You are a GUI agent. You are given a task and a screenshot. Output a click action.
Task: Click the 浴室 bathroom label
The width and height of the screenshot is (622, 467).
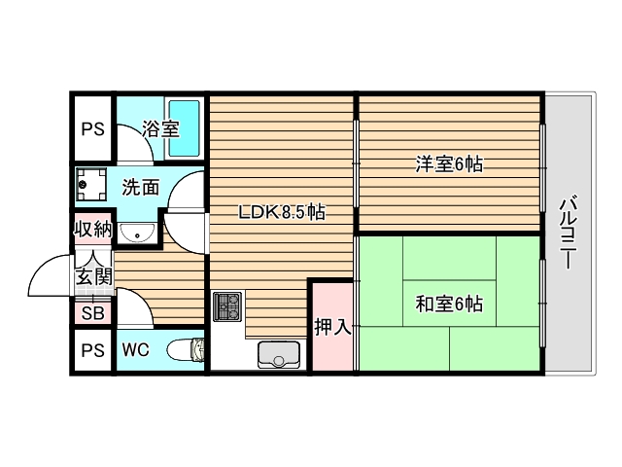(x=160, y=128)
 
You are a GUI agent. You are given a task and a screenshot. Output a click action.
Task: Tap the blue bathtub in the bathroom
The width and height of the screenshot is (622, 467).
(x=184, y=127)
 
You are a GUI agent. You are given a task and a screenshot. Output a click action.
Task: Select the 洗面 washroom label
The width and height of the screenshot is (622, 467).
(x=141, y=186)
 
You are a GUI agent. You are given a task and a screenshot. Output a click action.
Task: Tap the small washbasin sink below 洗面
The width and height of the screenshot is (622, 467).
(x=142, y=232)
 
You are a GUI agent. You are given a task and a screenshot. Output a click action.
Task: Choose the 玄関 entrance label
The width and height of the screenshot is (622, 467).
(x=94, y=276)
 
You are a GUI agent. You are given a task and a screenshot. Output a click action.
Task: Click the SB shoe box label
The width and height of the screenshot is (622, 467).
(x=93, y=313)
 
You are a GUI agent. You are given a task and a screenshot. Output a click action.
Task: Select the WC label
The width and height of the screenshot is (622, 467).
(x=135, y=350)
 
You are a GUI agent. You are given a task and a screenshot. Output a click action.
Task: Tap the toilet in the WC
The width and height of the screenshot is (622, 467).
(x=184, y=350)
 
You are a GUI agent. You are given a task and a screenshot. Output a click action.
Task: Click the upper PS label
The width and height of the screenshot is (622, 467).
(x=92, y=128)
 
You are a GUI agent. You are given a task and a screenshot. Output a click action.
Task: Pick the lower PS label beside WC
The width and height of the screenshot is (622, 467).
(x=92, y=350)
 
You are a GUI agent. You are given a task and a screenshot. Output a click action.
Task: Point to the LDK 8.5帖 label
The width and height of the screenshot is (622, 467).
(x=282, y=213)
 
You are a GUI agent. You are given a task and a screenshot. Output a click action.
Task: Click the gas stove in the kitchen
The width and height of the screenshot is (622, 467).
(x=226, y=306)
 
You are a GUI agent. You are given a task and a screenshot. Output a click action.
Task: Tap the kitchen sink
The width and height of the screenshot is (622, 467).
(x=280, y=355)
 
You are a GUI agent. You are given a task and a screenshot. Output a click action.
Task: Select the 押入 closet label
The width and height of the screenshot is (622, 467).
(x=331, y=328)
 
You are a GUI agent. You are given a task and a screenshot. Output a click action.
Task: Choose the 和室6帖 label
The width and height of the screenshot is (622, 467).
(x=449, y=305)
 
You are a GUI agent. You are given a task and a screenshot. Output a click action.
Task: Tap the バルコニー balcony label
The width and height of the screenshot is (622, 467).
(x=570, y=233)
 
